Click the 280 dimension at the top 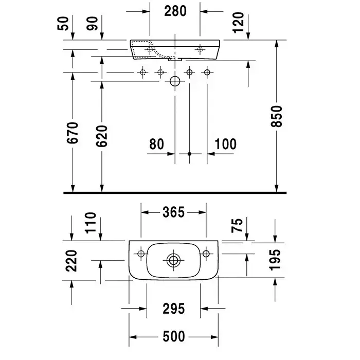(174, 10)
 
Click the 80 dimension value (157, 143)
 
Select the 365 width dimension (173, 212)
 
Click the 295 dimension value (173, 309)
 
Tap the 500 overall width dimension (173, 337)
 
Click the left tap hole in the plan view (140, 254)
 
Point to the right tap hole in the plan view (207, 254)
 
